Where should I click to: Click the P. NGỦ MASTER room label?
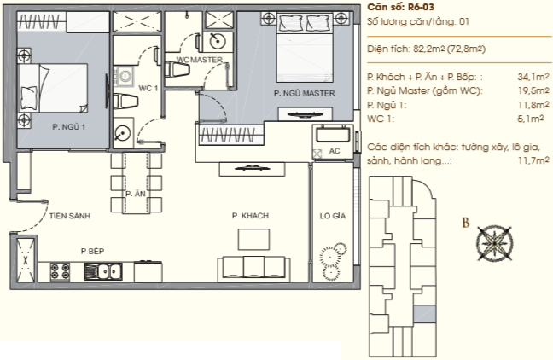pos(304,94)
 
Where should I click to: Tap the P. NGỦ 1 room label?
pos(69,127)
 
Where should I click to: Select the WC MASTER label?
pos(199,60)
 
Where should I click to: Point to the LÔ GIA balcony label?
pos(333,216)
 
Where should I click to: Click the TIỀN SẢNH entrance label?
pos(70,216)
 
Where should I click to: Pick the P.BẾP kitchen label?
pos(92,251)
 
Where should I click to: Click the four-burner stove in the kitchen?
pos(61,271)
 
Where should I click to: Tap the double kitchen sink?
pos(103,271)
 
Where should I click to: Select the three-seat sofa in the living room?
pos(254,269)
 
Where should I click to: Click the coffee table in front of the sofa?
pos(254,240)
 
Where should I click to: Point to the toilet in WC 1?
pos(125,102)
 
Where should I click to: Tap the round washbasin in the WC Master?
pos(218,42)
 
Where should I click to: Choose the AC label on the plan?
pos(335,151)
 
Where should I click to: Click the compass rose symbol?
pos(494,244)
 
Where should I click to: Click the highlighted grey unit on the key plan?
pos(419,313)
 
